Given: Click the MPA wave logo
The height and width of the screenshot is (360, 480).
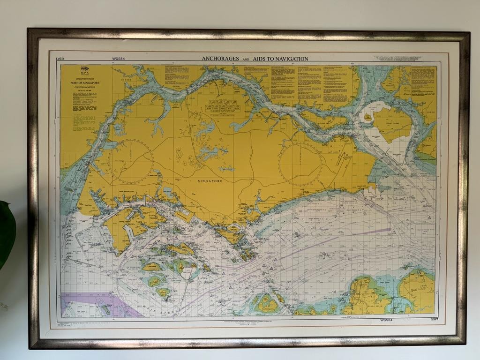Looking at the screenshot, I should click(x=72, y=69).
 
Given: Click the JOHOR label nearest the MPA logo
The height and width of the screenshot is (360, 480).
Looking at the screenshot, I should click(x=125, y=80).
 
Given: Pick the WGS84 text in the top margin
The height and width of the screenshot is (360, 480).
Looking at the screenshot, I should click(x=118, y=59).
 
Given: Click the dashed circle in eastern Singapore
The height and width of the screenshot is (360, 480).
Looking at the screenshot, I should click(x=300, y=164).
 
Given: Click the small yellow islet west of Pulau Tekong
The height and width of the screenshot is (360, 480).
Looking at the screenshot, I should click(x=368, y=116).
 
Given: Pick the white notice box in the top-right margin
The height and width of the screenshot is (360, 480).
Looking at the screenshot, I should click(x=397, y=59).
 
